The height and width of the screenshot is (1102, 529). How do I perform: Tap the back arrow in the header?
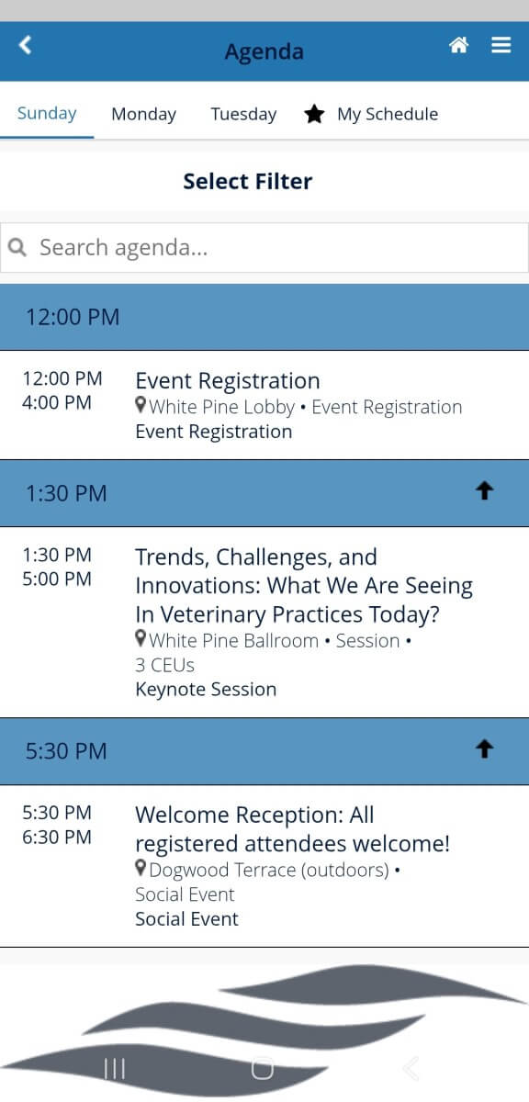pos(25,45)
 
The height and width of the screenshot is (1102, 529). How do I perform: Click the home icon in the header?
pos(458,45)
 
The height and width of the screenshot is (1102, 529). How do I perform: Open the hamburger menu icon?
pos(501,45)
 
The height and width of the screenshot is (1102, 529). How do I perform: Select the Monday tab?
pos(143,114)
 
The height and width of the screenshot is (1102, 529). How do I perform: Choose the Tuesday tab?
pos(243,114)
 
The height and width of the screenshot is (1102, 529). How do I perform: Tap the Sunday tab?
pos(47,113)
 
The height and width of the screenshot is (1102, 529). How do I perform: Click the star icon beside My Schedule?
pos(314,114)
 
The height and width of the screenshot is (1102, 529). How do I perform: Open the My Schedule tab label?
pos(388,114)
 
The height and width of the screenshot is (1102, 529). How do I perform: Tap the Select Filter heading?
pos(248,181)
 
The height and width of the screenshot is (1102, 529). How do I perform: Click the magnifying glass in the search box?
pos(17,246)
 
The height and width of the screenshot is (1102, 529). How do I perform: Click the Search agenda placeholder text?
pos(123,247)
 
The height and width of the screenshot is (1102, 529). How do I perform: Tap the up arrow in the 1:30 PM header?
pos(484,490)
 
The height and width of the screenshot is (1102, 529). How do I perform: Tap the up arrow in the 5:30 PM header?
pos(484,748)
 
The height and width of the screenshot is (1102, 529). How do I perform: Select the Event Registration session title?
pos(228,380)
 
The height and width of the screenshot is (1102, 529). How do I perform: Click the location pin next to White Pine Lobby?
pos(141,405)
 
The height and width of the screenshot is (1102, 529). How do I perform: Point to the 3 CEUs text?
pos(164,665)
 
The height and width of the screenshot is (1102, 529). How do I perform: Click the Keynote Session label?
pos(206,690)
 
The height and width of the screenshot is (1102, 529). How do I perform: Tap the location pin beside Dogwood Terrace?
pos(141,869)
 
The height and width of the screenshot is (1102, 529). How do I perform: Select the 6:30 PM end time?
pos(57,837)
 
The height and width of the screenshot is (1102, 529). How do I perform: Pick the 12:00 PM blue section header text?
pos(73,317)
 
